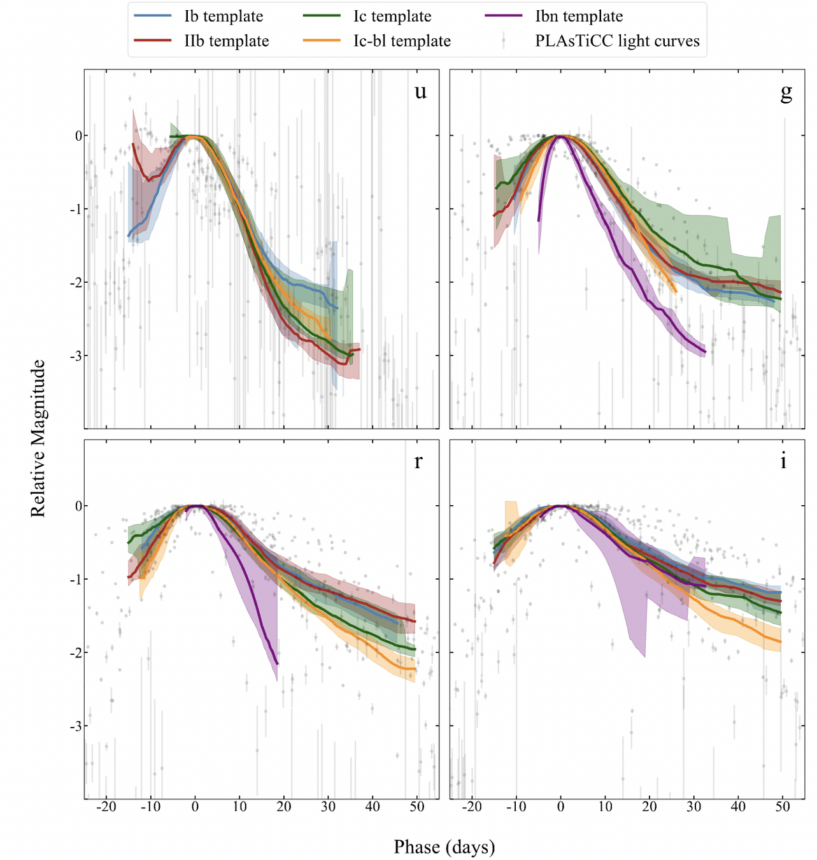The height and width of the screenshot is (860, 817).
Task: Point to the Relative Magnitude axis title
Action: pyautogui.click(x=38, y=438)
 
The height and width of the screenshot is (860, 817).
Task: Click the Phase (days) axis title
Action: pyautogui.click(x=444, y=847)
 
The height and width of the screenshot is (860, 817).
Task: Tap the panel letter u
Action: pyautogui.click(x=420, y=92)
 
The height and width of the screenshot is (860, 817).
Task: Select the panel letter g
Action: pyautogui.click(x=786, y=92)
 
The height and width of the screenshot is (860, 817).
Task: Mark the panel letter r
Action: pyautogui.click(x=418, y=461)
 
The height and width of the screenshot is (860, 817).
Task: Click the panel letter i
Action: pyautogui.click(x=783, y=461)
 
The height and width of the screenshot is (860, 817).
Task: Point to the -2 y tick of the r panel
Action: pyautogui.click(x=75, y=653)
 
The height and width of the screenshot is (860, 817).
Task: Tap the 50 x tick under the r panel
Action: pyautogui.click(x=416, y=806)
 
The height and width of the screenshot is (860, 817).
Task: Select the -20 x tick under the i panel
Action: pyautogui.click(x=471, y=806)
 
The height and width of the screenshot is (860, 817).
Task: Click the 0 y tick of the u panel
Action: pyautogui.click(x=78, y=136)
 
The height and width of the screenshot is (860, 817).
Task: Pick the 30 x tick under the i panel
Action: pyautogui.click(x=693, y=806)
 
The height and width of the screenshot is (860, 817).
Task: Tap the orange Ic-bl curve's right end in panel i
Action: pyautogui.click(x=780, y=641)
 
